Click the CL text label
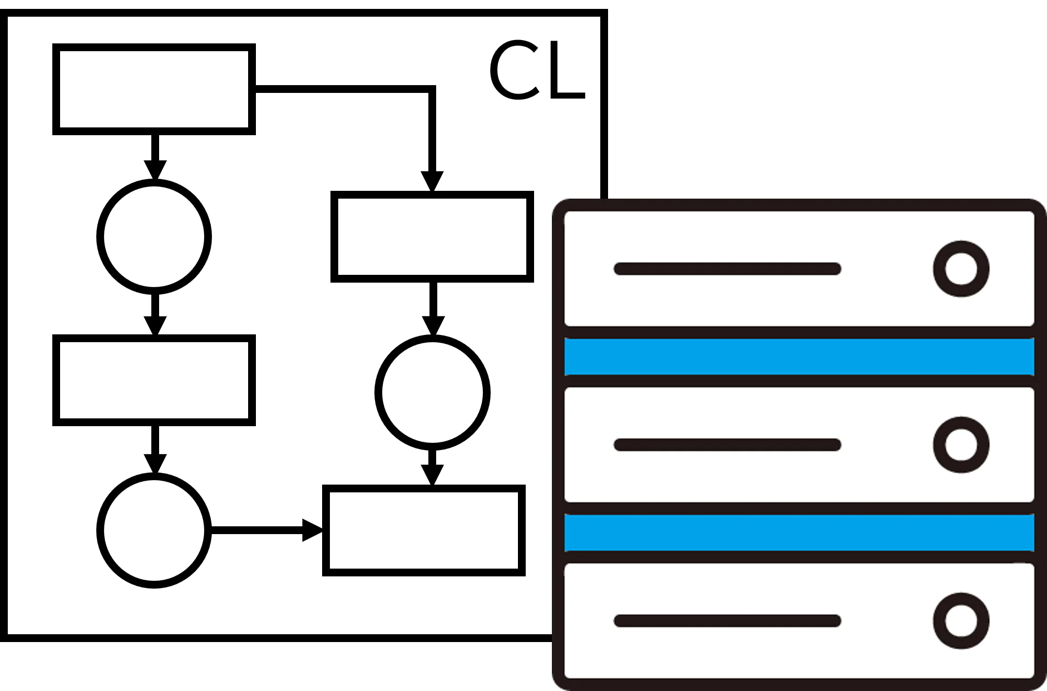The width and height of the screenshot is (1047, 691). [537, 71]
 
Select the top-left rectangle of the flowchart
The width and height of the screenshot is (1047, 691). [154, 89]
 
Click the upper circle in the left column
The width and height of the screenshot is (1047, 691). [154, 236]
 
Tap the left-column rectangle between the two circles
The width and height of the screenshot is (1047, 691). [154, 380]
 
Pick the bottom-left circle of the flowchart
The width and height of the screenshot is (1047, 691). [154, 530]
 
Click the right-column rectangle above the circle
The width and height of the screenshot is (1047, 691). [432, 236]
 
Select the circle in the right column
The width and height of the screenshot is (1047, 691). [432, 392]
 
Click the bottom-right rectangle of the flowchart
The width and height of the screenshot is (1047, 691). [424, 530]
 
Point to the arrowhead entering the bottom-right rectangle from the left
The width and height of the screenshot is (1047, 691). [312, 530]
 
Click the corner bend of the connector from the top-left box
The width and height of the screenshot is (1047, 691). [432, 89]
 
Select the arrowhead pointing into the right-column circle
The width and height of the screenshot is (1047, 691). [433, 325]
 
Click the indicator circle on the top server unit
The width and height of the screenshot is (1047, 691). [961, 269]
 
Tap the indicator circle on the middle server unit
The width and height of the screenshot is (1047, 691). [961, 445]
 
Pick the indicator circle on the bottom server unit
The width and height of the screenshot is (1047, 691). [961, 621]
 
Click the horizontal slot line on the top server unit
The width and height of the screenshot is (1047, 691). [727, 269]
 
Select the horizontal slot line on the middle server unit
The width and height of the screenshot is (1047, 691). [727, 445]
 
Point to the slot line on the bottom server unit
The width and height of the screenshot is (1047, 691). [727, 621]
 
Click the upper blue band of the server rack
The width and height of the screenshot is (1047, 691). [799, 356]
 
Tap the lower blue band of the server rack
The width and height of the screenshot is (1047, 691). [799, 532]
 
